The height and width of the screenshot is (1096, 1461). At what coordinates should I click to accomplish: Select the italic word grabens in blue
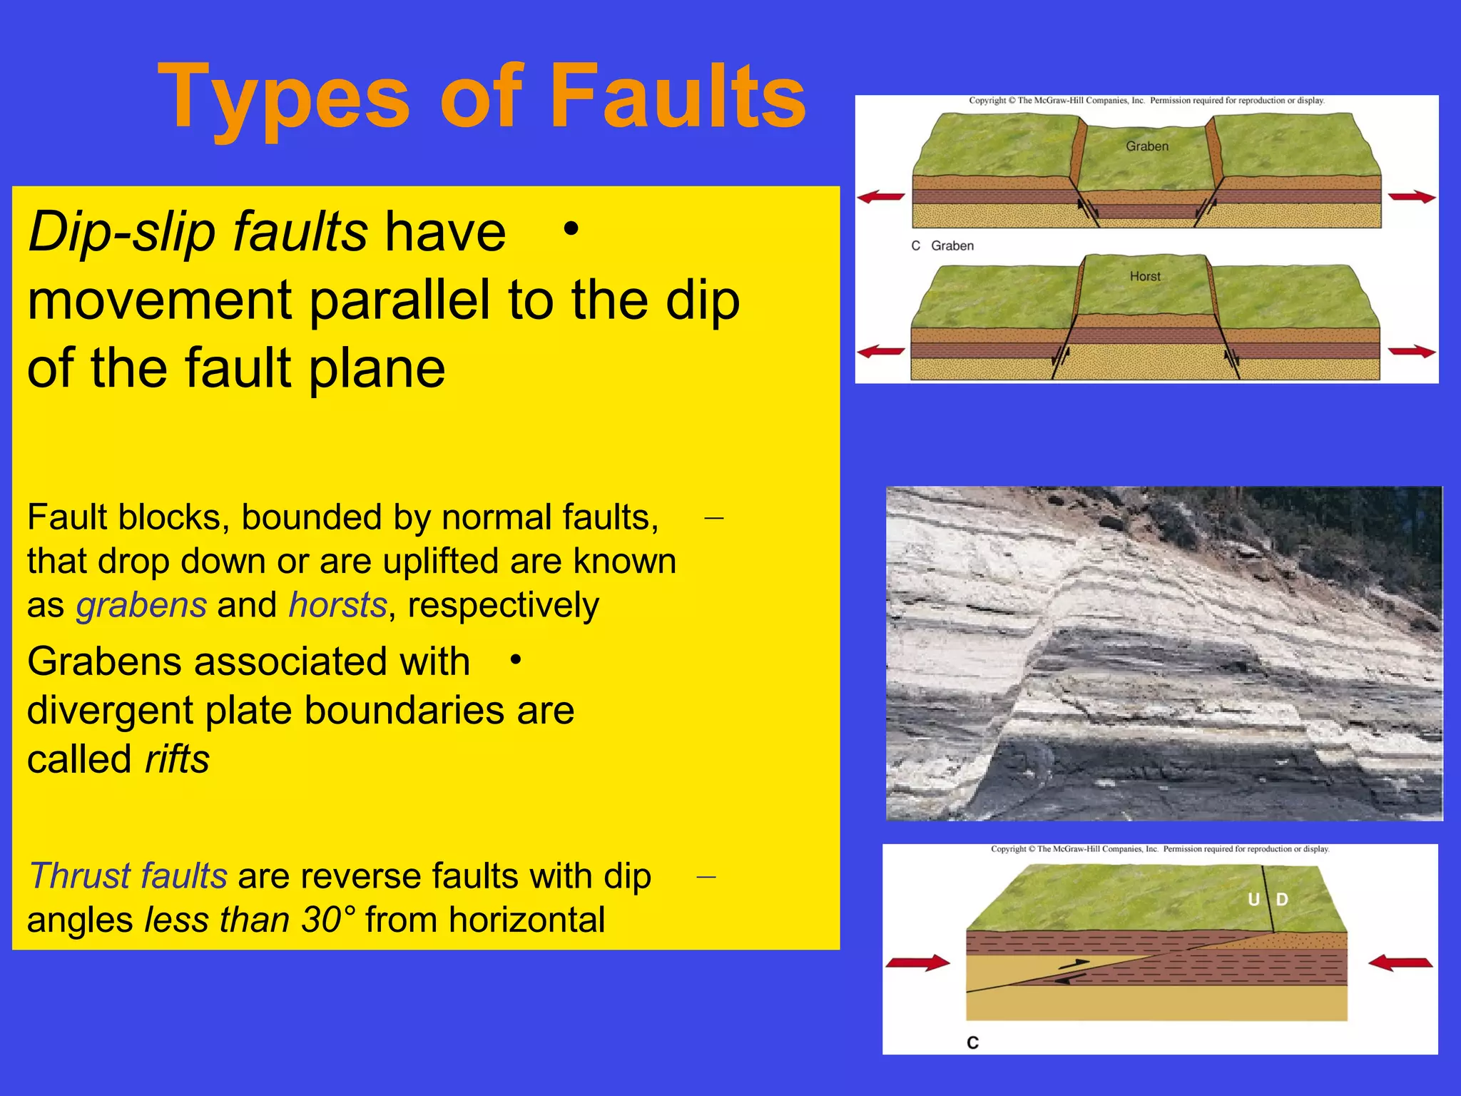(141, 605)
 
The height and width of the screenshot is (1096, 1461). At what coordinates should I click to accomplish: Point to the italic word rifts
(177, 759)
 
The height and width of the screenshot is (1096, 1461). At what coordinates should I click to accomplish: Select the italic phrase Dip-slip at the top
(122, 231)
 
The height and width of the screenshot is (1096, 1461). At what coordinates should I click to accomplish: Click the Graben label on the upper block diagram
(1147, 146)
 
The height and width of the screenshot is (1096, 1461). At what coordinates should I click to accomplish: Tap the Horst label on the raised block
(1145, 276)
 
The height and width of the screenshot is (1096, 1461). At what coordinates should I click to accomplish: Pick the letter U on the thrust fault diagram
(1253, 900)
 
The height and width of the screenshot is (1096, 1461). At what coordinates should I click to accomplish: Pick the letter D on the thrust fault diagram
(1282, 900)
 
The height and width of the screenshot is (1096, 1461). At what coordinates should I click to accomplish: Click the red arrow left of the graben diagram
(881, 197)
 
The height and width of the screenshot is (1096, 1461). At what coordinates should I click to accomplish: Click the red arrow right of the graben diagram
(1412, 197)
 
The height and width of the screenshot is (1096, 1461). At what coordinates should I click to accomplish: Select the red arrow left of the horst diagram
(881, 351)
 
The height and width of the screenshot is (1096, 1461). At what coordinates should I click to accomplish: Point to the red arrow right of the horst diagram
(1412, 351)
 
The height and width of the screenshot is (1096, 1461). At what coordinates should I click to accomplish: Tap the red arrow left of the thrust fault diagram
(917, 963)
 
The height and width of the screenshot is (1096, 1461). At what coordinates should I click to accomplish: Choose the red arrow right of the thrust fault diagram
(1400, 963)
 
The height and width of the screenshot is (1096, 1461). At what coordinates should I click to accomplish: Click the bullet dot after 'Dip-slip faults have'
(570, 230)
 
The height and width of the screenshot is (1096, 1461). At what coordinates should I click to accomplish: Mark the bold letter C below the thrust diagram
(973, 1042)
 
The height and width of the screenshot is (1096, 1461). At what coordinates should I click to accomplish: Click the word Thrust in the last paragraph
(78, 876)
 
